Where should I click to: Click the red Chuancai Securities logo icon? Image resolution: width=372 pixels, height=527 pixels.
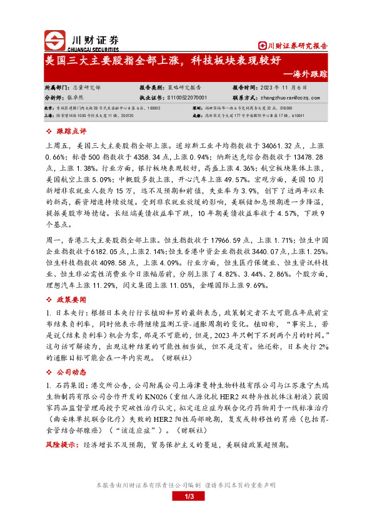click(x=56, y=39)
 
